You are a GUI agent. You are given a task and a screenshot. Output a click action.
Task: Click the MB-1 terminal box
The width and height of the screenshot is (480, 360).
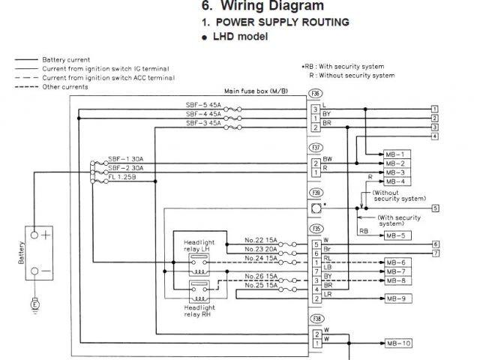[x=397, y=154]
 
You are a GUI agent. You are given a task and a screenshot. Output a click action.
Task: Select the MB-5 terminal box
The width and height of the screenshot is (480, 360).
[x=397, y=235]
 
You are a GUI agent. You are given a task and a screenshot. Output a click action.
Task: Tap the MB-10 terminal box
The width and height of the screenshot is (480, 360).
[x=398, y=343]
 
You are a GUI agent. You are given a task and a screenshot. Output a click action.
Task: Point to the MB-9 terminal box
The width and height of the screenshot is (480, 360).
[x=398, y=298]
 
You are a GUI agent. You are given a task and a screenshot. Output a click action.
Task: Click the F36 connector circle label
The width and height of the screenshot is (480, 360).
[x=315, y=93]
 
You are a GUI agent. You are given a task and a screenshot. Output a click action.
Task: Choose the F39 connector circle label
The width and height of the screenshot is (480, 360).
[x=316, y=193]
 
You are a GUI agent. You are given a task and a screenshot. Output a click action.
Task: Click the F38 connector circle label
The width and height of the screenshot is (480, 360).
[x=316, y=319]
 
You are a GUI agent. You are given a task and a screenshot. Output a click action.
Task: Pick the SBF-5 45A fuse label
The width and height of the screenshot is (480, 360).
[x=203, y=105]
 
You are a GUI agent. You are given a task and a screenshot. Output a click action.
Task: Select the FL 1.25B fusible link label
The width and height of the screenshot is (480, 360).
[x=122, y=177]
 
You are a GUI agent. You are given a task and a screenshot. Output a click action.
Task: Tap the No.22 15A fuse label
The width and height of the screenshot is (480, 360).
[x=260, y=240]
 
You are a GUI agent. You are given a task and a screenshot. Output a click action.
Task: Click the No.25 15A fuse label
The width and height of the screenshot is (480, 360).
[x=261, y=285]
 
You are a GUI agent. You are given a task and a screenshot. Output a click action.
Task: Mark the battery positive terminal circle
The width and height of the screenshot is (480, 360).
[x=34, y=235]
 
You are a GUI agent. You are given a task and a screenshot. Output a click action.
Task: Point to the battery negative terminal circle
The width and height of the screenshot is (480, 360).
[x=35, y=271]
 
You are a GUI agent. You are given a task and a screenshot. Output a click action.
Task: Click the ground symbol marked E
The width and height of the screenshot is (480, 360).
[x=35, y=304]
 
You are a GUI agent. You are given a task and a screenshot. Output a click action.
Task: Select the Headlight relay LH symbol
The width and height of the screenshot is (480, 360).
[x=199, y=265]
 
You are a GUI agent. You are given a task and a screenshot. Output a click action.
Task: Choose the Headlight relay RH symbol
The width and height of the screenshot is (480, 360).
[x=199, y=292]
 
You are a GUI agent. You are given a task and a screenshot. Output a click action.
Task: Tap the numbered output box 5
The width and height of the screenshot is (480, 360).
[x=435, y=208]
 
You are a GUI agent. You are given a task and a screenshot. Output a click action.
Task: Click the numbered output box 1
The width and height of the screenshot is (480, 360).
[x=435, y=109]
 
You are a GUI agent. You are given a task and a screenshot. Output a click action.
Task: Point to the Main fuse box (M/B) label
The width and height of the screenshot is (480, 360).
[x=256, y=91]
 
